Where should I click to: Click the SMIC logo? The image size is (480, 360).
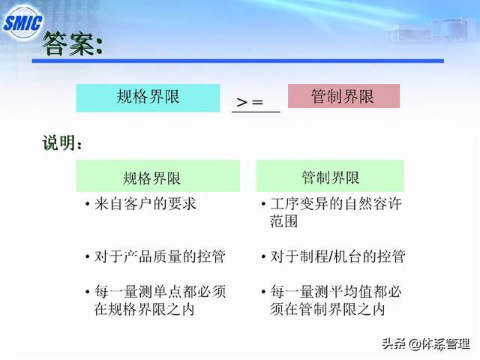[23, 22]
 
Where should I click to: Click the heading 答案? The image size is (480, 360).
[72, 44]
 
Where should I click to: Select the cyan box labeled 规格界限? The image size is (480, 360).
[148, 97]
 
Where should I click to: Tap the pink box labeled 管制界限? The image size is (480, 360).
[343, 96]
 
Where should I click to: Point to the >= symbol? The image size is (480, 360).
[250, 102]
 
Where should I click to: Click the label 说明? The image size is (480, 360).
[62, 143]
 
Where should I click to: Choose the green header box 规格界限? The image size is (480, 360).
[158, 176]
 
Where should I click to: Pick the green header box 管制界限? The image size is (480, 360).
[330, 176]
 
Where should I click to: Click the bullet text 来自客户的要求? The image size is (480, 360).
[145, 204]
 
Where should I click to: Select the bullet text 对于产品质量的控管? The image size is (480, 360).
[160, 256]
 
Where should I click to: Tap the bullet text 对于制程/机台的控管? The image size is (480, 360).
[337, 256]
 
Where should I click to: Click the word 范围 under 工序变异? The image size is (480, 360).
[283, 220]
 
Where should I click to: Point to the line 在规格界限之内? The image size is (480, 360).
[144, 309]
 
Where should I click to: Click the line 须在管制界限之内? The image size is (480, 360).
[327, 309]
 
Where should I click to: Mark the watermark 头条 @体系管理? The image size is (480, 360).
[426, 344]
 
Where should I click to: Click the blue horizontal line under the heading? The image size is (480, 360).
[238, 61]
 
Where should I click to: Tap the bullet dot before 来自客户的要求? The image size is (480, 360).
[88, 204]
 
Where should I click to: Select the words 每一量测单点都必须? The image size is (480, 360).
[160, 292]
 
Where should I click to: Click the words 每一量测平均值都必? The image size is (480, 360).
[336, 292]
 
